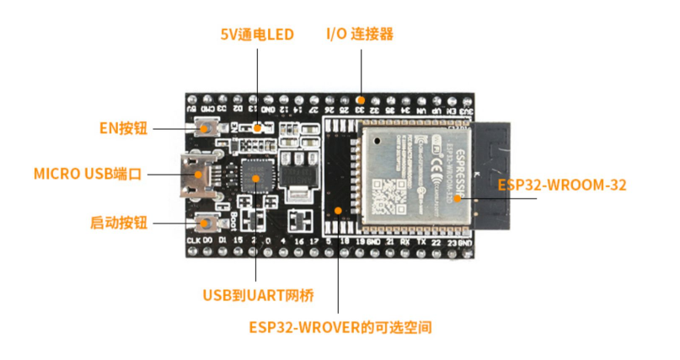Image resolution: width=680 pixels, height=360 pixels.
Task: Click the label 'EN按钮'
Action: point(123,128)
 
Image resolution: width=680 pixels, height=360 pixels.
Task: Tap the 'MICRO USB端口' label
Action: point(88,175)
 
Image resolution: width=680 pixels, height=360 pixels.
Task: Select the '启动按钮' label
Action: point(118,223)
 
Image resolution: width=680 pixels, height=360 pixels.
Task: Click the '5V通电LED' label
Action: point(257,35)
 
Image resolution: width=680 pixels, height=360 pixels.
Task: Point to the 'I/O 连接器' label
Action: point(360,35)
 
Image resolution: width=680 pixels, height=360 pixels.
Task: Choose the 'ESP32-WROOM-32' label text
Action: point(562,185)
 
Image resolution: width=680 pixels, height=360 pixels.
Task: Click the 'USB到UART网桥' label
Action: point(258,296)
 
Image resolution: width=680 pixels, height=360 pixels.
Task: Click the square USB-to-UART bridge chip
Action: point(253,175)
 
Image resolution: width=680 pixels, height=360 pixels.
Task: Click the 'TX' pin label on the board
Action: point(420,243)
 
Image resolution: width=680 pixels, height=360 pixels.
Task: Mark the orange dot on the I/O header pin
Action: point(360,99)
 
